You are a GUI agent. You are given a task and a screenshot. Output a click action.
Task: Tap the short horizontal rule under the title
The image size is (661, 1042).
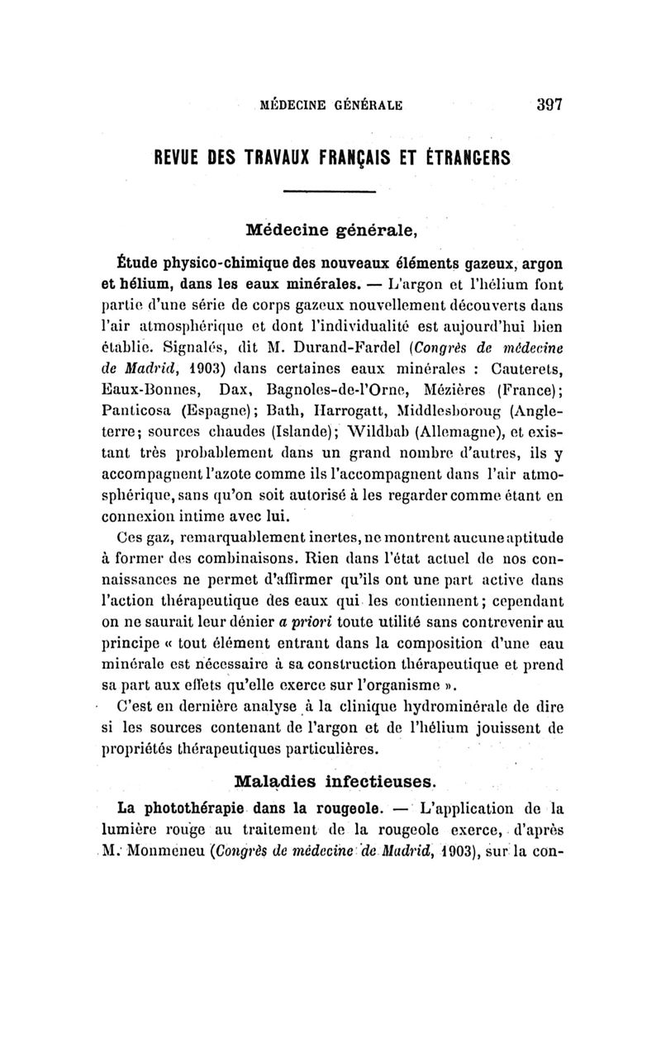330,192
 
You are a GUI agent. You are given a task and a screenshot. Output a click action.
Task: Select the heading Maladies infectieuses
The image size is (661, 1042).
336,779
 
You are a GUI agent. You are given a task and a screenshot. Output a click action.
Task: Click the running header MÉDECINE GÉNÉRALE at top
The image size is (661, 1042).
331,106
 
